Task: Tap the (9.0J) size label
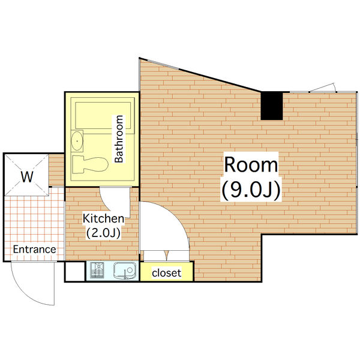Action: tap(251, 190)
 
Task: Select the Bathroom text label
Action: tap(119, 139)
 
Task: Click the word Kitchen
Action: tap(103, 218)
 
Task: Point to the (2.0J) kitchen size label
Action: tap(103, 232)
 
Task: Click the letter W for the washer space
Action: tap(26, 177)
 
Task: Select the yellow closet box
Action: tap(167, 273)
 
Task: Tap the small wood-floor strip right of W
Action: tap(56, 170)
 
